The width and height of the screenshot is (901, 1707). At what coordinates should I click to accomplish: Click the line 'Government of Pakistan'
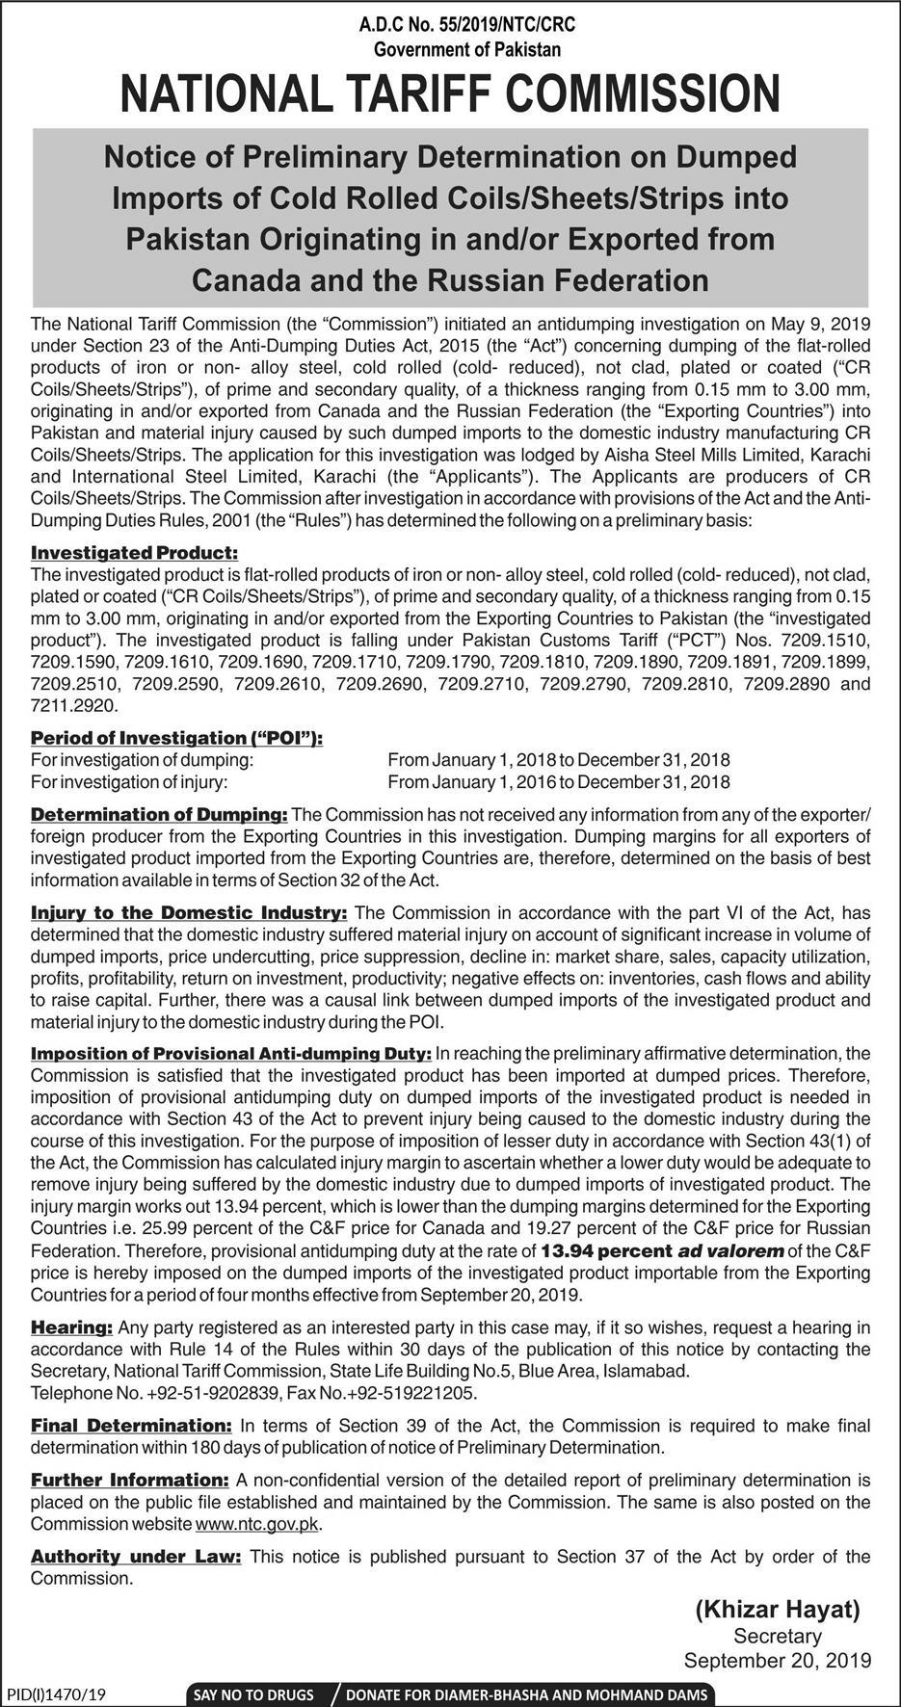click(x=466, y=48)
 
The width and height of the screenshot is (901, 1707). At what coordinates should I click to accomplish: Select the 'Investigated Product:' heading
click(x=133, y=553)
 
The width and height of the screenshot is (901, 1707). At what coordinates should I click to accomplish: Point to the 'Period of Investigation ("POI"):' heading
click(x=176, y=737)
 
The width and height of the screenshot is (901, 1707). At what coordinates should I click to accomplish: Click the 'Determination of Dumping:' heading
click(x=159, y=815)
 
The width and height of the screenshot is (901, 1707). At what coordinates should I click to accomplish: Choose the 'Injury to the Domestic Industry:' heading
click(x=189, y=911)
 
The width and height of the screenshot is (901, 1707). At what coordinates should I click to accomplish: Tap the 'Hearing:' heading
click(x=72, y=1326)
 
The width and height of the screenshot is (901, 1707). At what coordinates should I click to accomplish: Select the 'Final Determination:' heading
click(x=131, y=1425)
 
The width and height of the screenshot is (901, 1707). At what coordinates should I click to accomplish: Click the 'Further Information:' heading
click(x=129, y=1480)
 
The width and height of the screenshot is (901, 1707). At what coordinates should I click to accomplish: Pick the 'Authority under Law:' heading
click(x=136, y=1556)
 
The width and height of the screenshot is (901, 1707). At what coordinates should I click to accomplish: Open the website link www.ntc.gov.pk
click(x=256, y=1524)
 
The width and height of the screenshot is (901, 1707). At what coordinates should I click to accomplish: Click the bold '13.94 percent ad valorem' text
click(x=663, y=1251)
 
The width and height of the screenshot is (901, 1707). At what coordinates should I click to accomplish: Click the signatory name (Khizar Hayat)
click(x=776, y=1608)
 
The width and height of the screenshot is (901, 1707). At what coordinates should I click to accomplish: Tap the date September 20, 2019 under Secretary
click(x=777, y=1660)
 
